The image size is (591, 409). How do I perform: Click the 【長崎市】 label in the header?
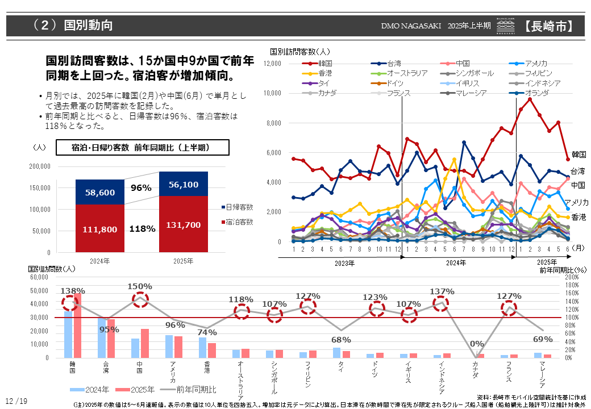(x=548, y=26)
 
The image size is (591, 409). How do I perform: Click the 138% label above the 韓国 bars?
(x=73, y=291)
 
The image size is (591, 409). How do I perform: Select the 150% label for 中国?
(x=140, y=286)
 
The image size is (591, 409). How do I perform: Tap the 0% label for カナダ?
(x=476, y=344)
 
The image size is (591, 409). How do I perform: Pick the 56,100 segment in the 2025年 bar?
(x=183, y=185)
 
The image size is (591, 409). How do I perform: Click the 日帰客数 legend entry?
(x=239, y=207)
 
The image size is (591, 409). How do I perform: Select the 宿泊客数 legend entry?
(x=239, y=222)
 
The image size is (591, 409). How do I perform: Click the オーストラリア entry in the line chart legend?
(x=407, y=73)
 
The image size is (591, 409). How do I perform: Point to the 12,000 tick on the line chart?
(x=273, y=64)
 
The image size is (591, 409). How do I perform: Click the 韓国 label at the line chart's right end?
(x=578, y=154)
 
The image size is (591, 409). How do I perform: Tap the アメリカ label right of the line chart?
(x=576, y=202)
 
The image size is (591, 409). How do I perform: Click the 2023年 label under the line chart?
(x=344, y=263)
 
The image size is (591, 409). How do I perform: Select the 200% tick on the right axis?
(x=572, y=277)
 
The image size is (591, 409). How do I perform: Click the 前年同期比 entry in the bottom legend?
(x=196, y=389)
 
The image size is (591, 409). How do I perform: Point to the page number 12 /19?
(x=16, y=401)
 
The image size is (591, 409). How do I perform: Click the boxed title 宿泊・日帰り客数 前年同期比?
(x=142, y=148)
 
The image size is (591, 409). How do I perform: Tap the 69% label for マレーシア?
(x=542, y=339)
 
